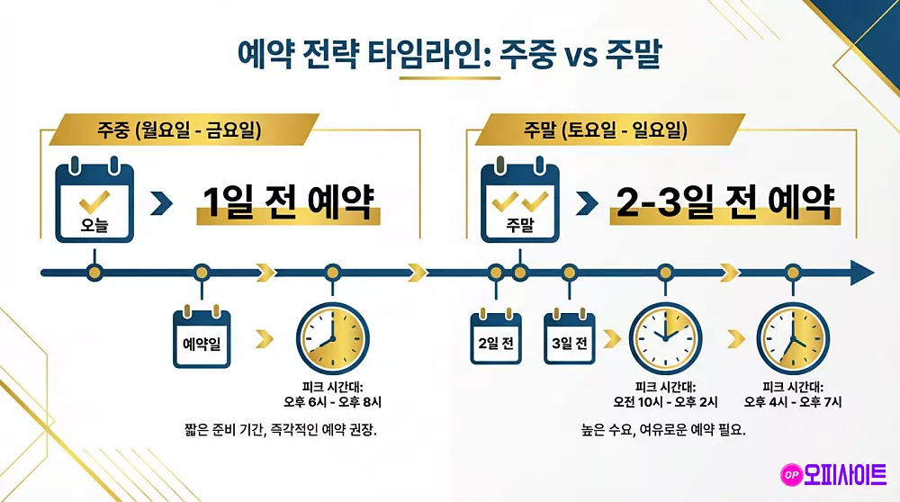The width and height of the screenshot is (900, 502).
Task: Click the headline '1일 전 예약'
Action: coord(288,203)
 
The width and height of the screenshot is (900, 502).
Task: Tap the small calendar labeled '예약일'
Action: coord(202,337)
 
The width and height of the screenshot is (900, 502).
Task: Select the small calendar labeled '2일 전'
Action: coord(496,338)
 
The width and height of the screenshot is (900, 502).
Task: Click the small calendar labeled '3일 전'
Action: coord(569,338)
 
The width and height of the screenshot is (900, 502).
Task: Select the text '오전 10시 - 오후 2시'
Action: coord(665,401)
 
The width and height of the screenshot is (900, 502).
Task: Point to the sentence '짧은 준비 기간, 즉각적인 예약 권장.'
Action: coord(280,430)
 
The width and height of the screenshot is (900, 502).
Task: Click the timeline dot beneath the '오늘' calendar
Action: coord(94,272)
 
